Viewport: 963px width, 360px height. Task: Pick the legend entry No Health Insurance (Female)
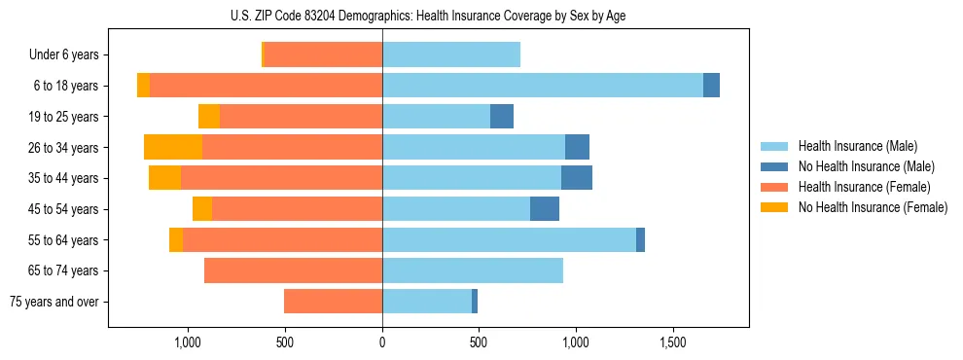(x=872, y=207)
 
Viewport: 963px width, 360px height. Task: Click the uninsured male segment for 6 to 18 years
(x=711, y=86)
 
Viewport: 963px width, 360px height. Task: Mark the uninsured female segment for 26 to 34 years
(x=173, y=147)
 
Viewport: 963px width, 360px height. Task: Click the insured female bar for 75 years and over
(x=333, y=302)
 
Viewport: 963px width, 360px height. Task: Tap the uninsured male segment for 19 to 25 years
(x=502, y=117)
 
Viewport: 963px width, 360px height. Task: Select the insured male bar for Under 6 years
(x=451, y=54)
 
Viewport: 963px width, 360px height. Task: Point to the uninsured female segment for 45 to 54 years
(x=202, y=209)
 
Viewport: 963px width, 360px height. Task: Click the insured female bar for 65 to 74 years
(x=293, y=270)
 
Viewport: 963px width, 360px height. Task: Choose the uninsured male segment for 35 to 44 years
(x=577, y=178)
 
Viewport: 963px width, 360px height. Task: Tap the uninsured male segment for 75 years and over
(x=475, y=302)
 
